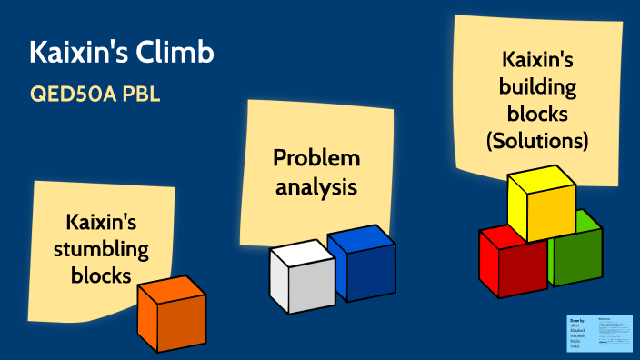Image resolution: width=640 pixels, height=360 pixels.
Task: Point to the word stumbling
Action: (107, 247)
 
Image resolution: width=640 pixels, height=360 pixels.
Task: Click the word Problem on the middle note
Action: (316, 158)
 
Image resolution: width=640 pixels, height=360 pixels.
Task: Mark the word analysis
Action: (316, 188)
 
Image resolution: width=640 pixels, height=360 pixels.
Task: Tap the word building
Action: (536, 87)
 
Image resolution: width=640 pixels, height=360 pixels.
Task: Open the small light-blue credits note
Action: (599, 333)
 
